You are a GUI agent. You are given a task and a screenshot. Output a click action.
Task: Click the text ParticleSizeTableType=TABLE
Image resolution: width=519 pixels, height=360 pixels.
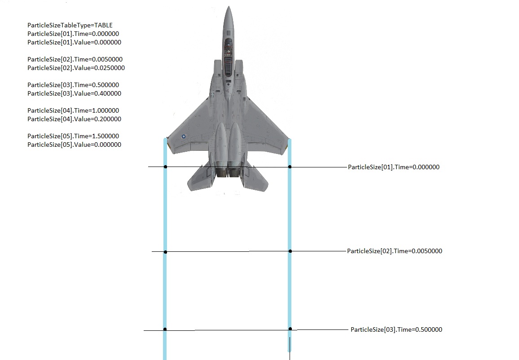[70, 25]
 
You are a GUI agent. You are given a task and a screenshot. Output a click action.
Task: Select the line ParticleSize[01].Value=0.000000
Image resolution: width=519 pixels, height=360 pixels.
[74, 42]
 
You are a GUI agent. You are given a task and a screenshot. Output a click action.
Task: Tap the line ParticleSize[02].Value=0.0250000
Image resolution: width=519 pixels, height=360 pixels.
[76, 68]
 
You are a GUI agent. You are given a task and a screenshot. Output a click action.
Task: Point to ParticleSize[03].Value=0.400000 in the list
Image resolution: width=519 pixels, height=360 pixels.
[74, 93]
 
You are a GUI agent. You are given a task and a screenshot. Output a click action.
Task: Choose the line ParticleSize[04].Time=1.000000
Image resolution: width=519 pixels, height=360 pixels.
[73, 110]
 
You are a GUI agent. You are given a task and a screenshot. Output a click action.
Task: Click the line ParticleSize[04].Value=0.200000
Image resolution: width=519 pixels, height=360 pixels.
[74, 119]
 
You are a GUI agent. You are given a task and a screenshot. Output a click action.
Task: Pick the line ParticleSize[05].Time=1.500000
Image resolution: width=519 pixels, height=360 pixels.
[73, 136]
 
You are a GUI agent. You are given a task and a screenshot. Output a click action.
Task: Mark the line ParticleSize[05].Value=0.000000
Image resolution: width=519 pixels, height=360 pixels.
[74, 145]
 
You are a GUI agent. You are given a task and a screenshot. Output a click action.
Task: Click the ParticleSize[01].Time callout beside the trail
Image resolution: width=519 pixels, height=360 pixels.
[394, 167]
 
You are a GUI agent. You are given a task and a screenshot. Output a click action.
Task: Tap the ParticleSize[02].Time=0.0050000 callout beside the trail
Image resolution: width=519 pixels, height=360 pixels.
[395, 251]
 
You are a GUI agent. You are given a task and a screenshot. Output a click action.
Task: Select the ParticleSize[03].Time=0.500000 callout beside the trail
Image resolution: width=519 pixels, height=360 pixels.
[396, 329]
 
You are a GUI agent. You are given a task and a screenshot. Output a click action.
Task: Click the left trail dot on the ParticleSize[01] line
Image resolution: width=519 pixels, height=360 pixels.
[166, 167]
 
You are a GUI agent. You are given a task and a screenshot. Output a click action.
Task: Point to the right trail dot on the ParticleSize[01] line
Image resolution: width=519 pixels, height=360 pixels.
[290, 167]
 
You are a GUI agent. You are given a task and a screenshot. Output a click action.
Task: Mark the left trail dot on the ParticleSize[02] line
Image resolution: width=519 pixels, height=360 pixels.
[166, 252]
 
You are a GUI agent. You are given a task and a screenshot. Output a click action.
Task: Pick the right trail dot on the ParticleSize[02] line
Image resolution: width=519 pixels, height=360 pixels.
[290, 251]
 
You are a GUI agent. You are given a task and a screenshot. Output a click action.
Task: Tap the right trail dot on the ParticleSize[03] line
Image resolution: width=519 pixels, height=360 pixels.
[290, 329]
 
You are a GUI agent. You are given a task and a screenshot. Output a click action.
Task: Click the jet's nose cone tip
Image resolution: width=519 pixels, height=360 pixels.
[229, 6]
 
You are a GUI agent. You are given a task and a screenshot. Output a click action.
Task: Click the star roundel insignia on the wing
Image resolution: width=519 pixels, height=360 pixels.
[184, 136]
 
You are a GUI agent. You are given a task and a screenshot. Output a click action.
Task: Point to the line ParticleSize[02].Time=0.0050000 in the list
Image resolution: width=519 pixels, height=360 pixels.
[75, 59]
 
